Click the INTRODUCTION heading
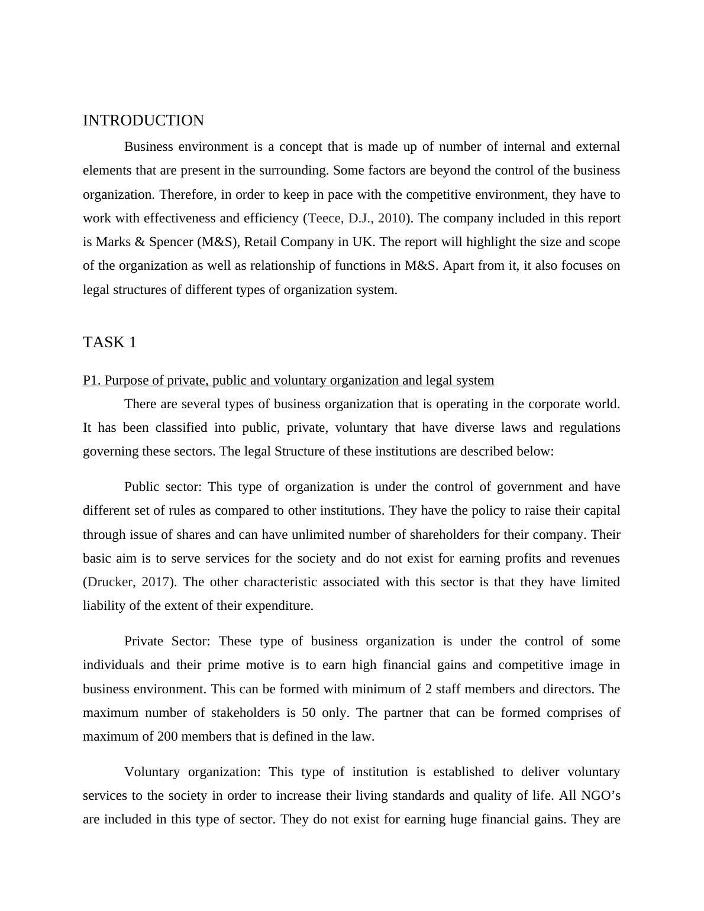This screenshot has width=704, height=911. coord(143,121)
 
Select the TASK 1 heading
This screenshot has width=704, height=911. coord(109,343)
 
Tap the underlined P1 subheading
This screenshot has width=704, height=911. coord(288,380)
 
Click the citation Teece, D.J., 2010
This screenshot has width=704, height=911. coord(357,218)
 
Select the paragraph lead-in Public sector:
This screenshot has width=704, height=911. coord(163,487)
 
